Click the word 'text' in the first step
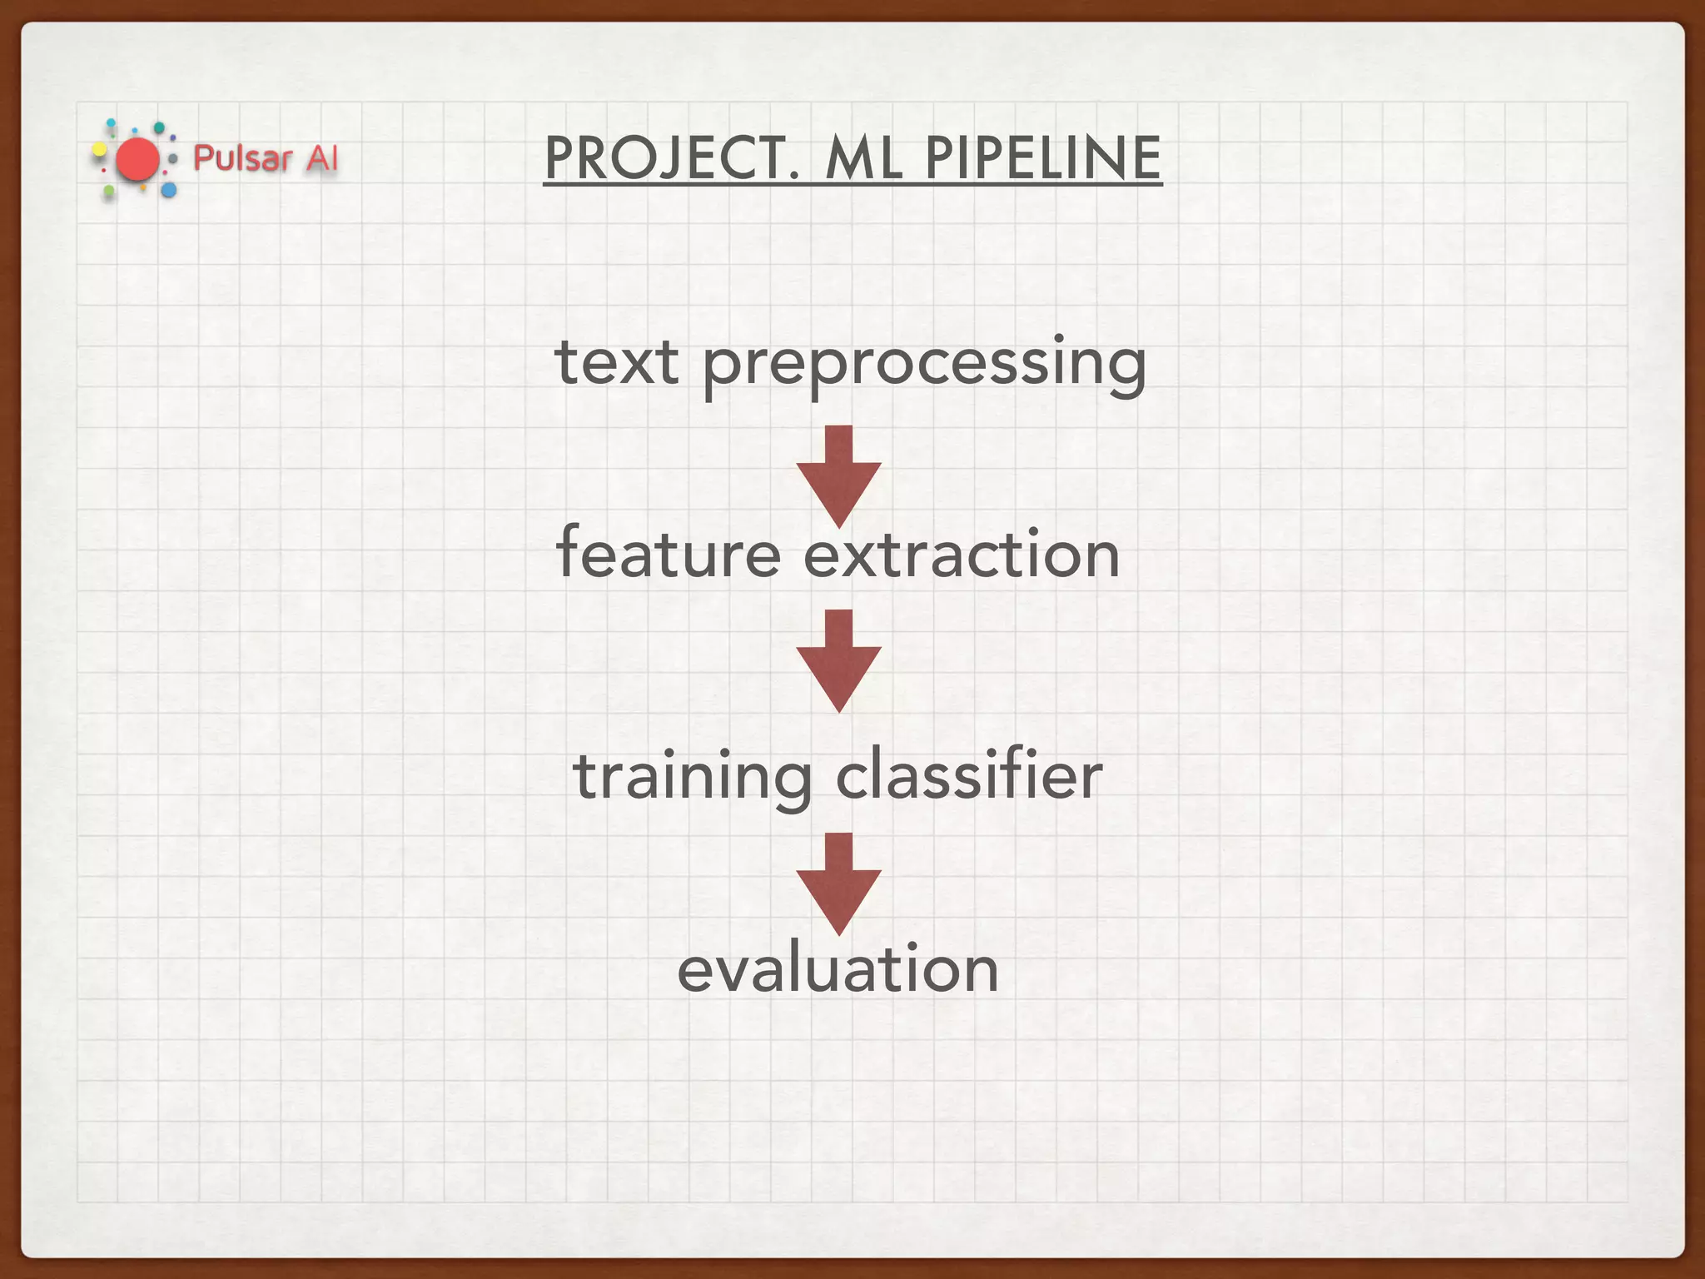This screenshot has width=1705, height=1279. click(x=617, y=363)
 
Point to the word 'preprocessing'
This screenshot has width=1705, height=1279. click(x=924, y=366)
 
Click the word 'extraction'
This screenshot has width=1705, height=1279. click(x=962, y=555)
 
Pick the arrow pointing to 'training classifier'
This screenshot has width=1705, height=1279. click(x=838, y=660)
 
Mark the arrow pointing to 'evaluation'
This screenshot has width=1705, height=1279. click(x=838, y=883)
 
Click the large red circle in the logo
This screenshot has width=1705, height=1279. click(x=137, y=160)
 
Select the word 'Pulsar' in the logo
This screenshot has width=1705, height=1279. click(x=242, y=157)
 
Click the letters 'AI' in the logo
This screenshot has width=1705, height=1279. click(x=321, y=157)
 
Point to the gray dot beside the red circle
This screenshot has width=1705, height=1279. click(x=173, y=158)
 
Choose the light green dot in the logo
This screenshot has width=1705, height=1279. click(x=109, y=192)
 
